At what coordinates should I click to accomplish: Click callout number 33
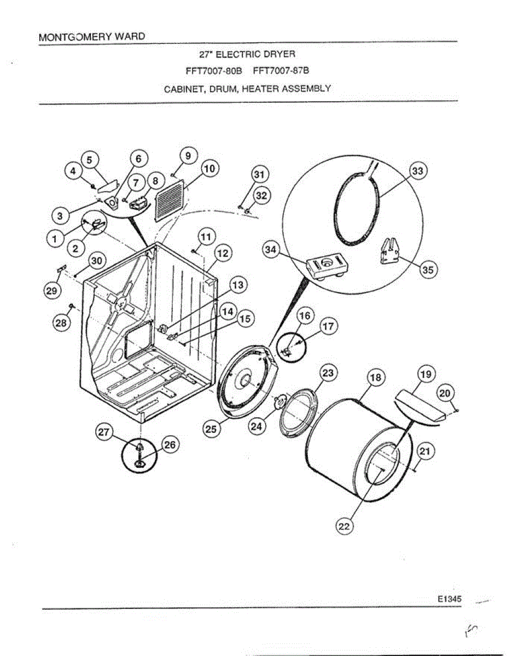(417, 172)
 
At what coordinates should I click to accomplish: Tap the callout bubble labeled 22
(344, 526)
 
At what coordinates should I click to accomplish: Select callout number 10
(209, 169)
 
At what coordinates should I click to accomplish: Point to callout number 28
(60, 323)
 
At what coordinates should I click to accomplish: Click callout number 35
(429, 270)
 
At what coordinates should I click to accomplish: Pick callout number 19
(426, 374)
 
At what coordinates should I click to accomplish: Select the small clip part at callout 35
(394, 251)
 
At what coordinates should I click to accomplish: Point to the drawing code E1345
(449, 599)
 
